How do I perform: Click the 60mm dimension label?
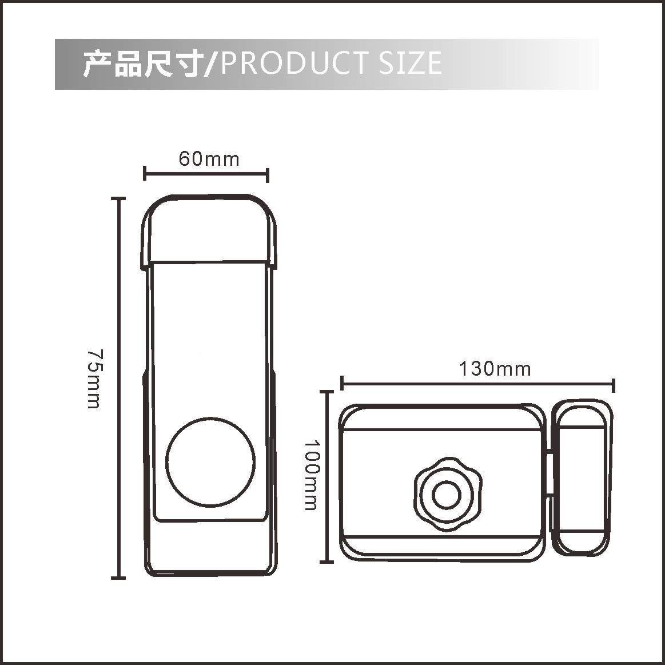point(209,159)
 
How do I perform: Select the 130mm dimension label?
point(495,369)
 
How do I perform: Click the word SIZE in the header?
point(410,62)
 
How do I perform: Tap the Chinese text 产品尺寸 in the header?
point(141,63)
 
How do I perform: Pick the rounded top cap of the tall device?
point(209,229)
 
